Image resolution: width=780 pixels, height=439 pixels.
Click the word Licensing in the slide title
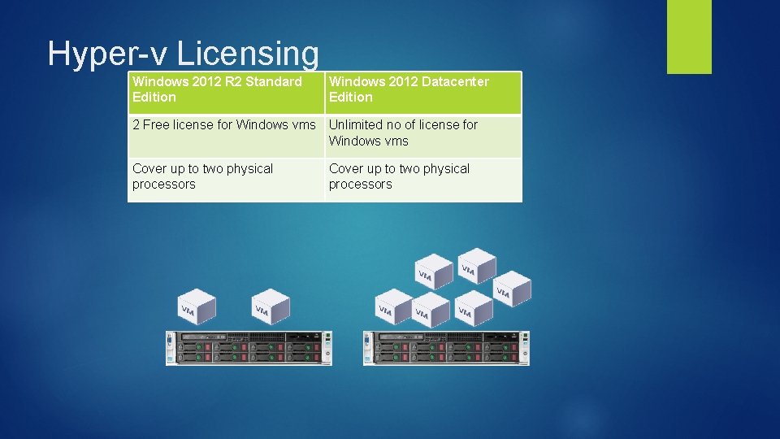coord(248,54)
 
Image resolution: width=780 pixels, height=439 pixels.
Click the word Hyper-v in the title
coord(108,54)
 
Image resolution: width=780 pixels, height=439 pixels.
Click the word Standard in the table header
coord(273,81)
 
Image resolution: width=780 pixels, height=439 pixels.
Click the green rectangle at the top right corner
coord(689,36)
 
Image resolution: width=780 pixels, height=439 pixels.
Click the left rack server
coord(249,348)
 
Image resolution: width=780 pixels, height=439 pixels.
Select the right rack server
coord(446,348)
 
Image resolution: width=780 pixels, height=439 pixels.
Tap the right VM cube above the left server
coord(271,307)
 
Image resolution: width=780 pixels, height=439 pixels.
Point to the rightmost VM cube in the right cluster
coord(511,288)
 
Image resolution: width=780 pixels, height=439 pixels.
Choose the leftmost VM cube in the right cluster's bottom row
coord(392,307)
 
